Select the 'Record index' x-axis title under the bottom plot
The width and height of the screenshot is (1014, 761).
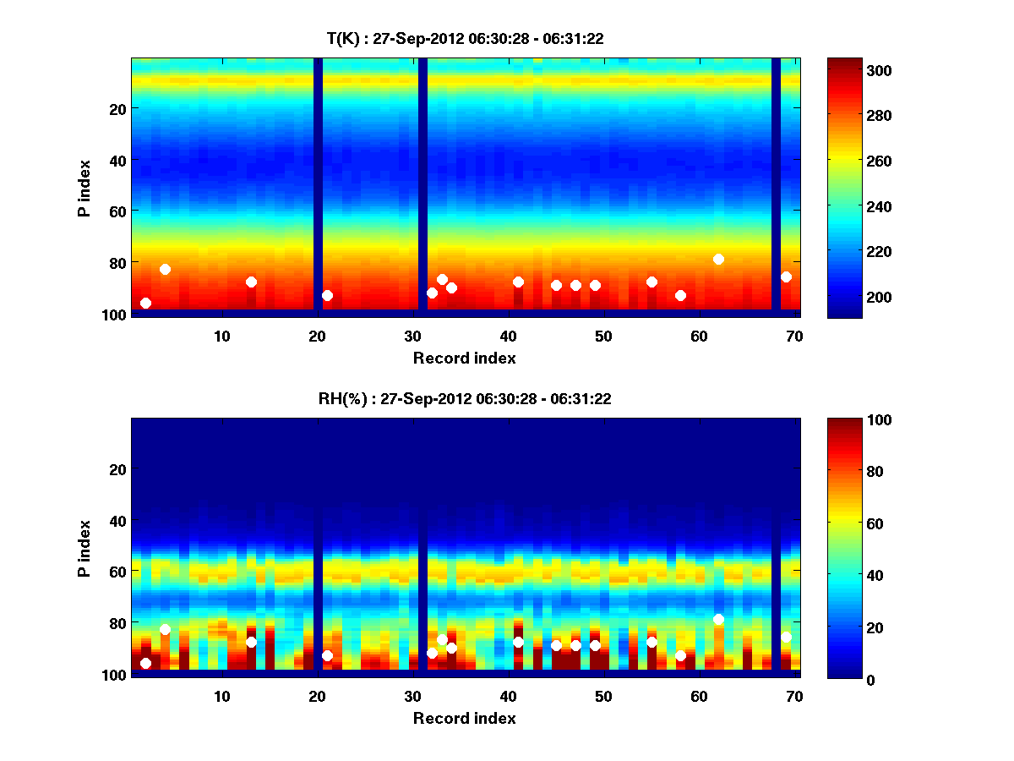tap(465, 718)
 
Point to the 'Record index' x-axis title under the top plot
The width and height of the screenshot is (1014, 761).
tap(465, 358)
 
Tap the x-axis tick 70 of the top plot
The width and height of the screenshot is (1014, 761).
tap(793, 336)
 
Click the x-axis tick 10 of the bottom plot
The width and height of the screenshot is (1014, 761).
tap(221, 696)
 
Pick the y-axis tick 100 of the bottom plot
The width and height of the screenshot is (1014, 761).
tap(113, 675)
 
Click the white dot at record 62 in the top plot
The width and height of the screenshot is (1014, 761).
tap(718, 259)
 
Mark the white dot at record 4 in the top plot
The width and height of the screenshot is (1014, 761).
tap(165, 269)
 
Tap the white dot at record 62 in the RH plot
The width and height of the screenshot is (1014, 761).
tap(718, 619)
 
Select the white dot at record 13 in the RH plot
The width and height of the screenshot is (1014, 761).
tap(251, 642)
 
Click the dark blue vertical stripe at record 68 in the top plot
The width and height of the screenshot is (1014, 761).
tap(776, 186)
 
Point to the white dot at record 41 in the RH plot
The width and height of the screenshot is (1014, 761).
tap(518, 642)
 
